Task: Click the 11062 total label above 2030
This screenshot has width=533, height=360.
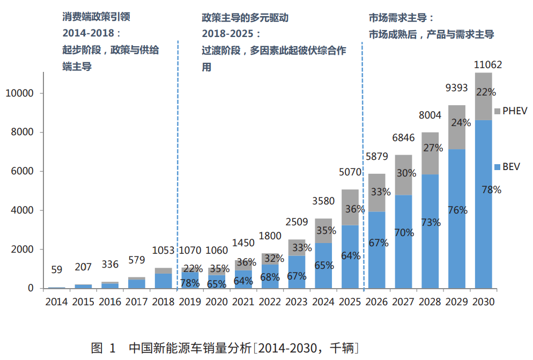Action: (x=488, y=65)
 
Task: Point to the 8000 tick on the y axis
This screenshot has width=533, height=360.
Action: (x=23, y=133)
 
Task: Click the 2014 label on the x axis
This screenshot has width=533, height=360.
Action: (x=56, y=302)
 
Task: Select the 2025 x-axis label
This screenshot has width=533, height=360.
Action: (x=350, y=302)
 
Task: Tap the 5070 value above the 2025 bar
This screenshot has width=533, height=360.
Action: (x=350, y=173)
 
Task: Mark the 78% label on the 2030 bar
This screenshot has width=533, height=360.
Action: (x=491, y=189)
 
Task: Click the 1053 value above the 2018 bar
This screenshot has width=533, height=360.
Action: (x=164, y=251)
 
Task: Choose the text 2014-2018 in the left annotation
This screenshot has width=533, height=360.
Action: (x=88, y=33)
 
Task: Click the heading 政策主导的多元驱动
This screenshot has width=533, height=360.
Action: (x=245, y=17)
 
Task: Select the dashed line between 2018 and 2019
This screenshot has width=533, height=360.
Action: (x=177, y=161)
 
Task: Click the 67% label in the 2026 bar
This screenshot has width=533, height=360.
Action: (x=379, y=243)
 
